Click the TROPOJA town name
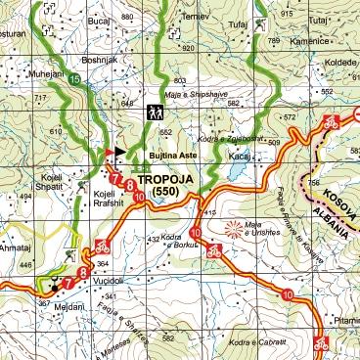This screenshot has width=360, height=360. [x=170, y=181]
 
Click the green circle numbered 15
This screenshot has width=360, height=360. [x=74, y=78]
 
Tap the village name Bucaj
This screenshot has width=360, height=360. [x=98, y=19]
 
